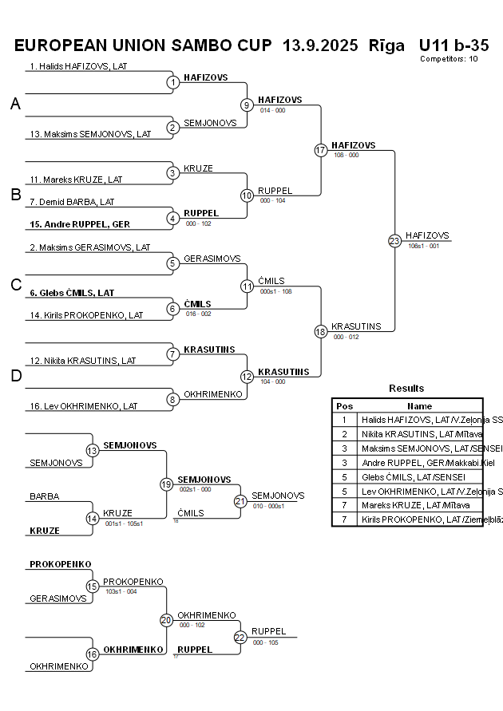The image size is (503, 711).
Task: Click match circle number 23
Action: click(x=394, y=240)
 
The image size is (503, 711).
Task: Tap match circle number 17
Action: click(x=321, y=150)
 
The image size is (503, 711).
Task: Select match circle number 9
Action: click(x=247, y=105)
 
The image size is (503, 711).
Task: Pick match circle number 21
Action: click(x=240, y=501)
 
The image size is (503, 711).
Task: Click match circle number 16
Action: click(x=93, y=654)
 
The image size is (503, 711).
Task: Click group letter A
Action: click(x=15, y=104)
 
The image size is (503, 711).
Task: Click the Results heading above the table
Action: click(x=406, y=389)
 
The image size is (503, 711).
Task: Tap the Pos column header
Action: click(x=344, y=406)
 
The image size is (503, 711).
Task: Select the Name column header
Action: click(x=419, y=406)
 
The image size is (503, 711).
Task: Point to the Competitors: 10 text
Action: click(x=448, y=58)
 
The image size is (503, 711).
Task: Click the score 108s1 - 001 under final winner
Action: click(x=423, y=247)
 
